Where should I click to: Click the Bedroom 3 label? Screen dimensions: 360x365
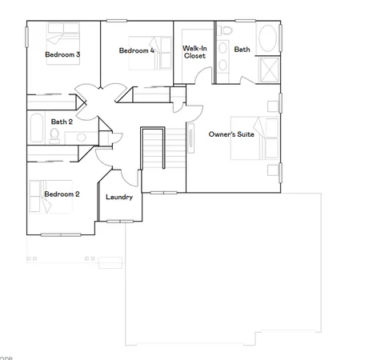coord(62,54)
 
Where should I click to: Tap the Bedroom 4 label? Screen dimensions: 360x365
coord(137,51)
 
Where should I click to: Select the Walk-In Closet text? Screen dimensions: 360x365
coord(195,52)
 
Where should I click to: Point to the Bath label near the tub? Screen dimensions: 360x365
coord(242,50)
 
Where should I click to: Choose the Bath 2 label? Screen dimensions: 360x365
coord(62,122)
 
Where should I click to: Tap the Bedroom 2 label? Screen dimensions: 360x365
coord(62,194)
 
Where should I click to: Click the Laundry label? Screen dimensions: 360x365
coord(119,196)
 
